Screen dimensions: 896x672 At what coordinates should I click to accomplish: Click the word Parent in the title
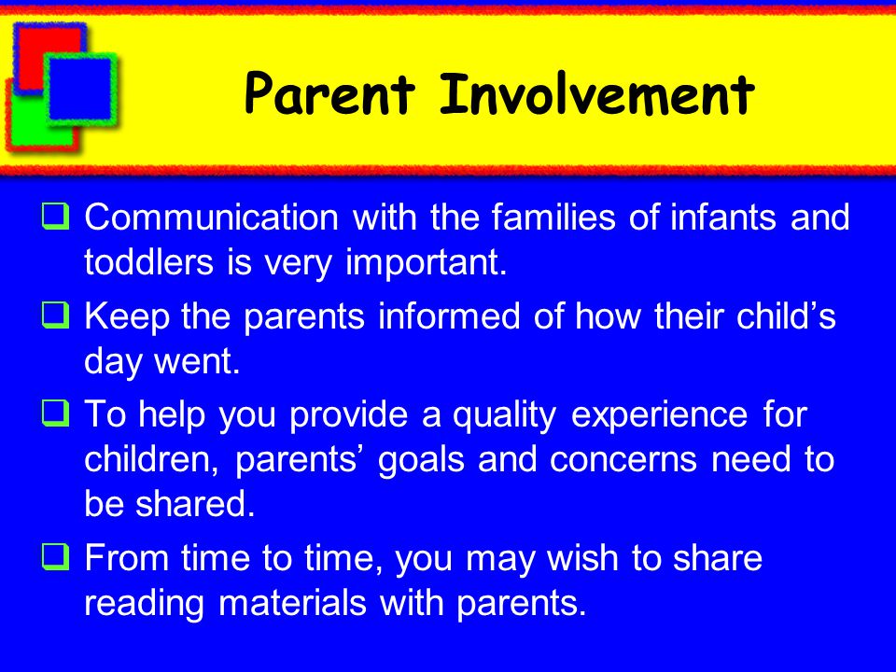pyautogui.click(x=329, y=93)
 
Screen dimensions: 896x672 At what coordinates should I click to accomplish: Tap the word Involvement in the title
pyautogui.click(x=597, y=93)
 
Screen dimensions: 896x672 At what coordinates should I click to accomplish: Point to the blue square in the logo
pyautogui.click(x=80, y=90)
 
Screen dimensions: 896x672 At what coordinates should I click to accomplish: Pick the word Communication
pyautogui.click(x=212, y=217)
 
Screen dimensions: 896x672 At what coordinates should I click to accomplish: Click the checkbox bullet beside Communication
pyautogui.click(x=56, y=217)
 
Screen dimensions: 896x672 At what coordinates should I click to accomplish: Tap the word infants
pyautogui.click(x=723, y=217)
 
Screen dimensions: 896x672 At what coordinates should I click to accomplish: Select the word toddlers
pyautogui.click(x=149, y=262)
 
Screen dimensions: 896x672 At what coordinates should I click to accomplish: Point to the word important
pyautogui.click(x=427, y=263)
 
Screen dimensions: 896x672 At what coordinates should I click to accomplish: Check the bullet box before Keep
pyautogui.click(x=56, y=315)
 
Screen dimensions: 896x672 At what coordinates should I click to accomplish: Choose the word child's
pyautogui.click(x=786, y=316)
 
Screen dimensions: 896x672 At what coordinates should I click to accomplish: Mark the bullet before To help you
pyautogui.click(x=56, y=413)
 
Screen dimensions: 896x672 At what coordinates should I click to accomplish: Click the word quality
pyautogui.click(x=504, y=416)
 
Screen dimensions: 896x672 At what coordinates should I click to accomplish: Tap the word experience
pyautogui.click(x=660, y=416)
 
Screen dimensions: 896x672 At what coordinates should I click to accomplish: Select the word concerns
pyautogui.click(x=623, y=460)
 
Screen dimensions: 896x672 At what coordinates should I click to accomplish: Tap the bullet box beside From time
pyautogui.click(x=56, y=557)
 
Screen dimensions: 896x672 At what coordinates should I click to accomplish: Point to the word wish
pyautogui.click(x=582, y=558)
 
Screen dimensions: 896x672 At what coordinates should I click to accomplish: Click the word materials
pyautogui.click(x=292, y=603)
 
